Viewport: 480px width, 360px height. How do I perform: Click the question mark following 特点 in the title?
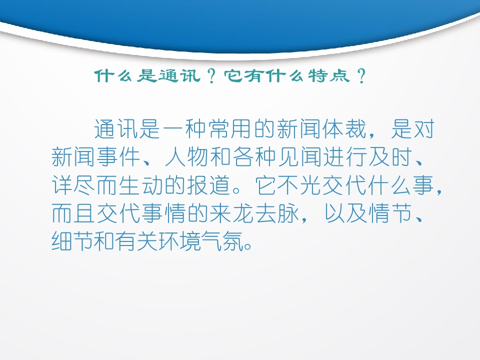(361, 76)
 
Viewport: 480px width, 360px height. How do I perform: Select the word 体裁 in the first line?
(344, 128)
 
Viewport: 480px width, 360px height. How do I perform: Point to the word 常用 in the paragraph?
(230, 128)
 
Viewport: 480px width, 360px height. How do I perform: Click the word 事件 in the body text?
(118, 156)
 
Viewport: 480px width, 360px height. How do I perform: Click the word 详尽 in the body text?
(73, 185)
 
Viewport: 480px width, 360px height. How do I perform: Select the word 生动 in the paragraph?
(141, 185)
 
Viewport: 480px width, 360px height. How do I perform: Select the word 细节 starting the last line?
(73, 241)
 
